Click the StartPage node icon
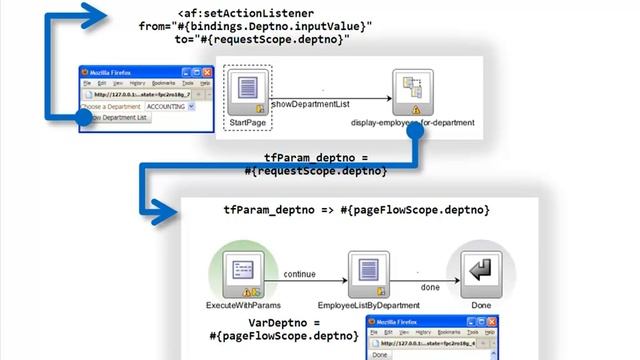[x=249, y=91]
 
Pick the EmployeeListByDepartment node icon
[x=363, y=270]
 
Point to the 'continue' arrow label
[x=299, y=273]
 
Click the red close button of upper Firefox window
[x=208, y=73]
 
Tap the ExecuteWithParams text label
[x=243, y=303]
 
